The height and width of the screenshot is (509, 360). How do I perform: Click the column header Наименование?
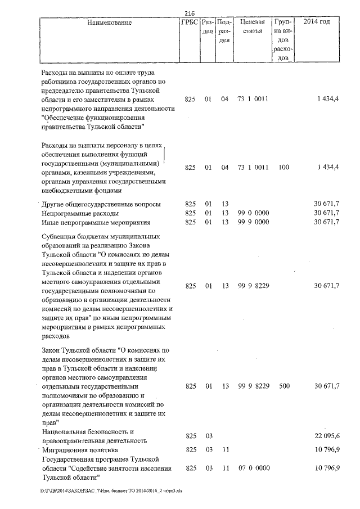(110, 22)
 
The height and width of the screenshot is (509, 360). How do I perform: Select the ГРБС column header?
(190, 22)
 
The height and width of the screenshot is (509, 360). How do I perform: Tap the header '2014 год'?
(317, 22)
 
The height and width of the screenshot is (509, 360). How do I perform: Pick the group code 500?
(283, 386)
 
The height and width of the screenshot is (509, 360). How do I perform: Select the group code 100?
(283, 168)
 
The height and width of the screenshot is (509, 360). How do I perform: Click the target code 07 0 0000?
(254, 469)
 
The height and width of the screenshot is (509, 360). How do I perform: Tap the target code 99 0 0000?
(254, 213)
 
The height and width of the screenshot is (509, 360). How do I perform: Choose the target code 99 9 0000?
(254, 222)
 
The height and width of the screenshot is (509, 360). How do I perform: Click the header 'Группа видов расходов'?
(283, 40)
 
